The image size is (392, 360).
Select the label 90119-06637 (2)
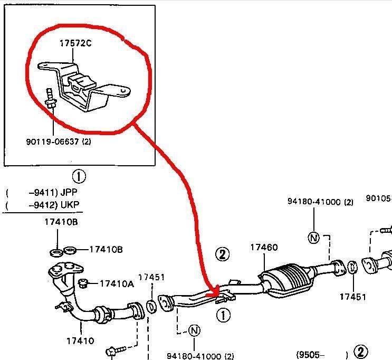(x=58, y=141)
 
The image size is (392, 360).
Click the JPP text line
(x=42, y=192)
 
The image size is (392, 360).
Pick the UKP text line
(x=42, y=204)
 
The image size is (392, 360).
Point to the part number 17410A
(x=117, y=283)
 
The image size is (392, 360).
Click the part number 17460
(x=264, y=247)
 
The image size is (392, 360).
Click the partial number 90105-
(x=379, y=198)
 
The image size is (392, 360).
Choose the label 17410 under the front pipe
(x=81, y=340)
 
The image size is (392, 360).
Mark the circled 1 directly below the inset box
(x=79, y=176)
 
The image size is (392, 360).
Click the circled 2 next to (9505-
(x=360, y=352)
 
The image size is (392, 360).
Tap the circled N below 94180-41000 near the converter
(x=314, y=238)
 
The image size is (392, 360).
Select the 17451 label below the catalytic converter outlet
(x=352, y=297)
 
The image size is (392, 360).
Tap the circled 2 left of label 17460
(x=223, y=254)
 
